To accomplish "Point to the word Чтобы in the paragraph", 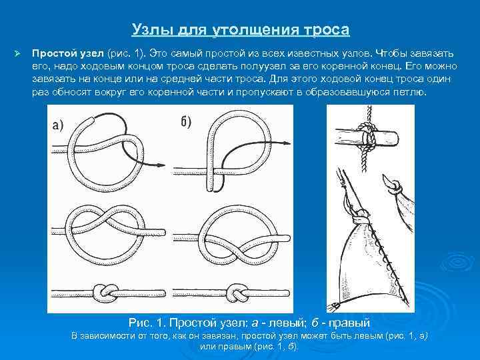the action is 392,53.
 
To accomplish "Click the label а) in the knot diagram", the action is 58,127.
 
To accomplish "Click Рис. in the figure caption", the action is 142,322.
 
